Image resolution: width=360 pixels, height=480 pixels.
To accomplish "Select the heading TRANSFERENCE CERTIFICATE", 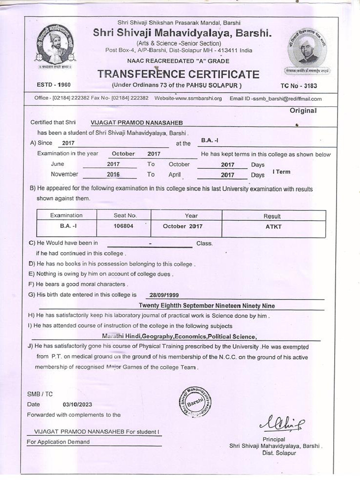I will [178, 75].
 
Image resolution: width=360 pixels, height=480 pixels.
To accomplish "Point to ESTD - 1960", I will [53, 85].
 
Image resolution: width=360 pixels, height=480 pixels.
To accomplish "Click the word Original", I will [303, 111].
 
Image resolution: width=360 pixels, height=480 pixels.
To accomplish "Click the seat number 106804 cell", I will [125, 226].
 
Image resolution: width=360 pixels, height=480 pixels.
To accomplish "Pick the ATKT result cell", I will [273, 226].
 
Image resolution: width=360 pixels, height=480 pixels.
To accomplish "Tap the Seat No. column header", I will [125, 215].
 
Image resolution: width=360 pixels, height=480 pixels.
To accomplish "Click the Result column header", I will [272, 216].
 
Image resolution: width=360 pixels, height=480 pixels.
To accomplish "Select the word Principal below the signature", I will [274, 439].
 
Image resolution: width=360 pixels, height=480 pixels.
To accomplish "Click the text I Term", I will [281, 172].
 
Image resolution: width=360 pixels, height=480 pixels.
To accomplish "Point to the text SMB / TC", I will [40, 394].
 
